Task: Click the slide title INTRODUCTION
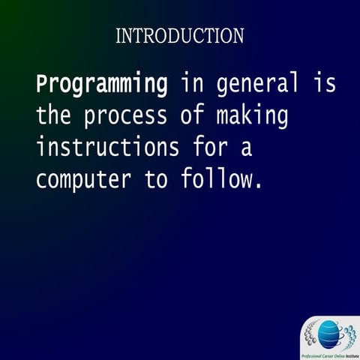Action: [x=180, y=35]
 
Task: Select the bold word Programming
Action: [x=101, y=85]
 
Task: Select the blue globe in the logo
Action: [x=329, y=332]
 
